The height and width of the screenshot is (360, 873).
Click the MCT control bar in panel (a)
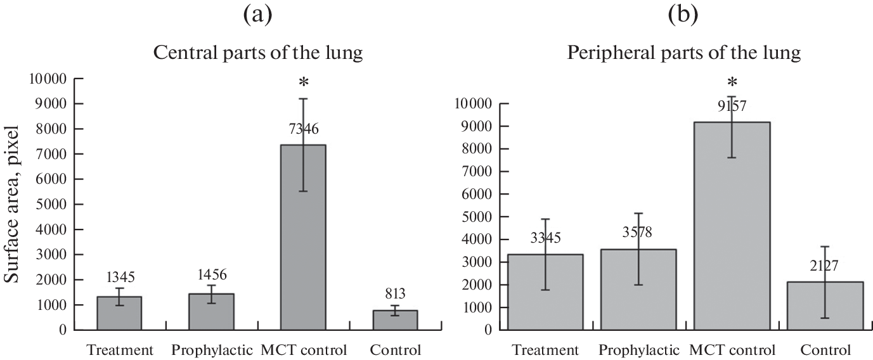(304, 238)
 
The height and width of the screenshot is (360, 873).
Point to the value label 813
(395, 293)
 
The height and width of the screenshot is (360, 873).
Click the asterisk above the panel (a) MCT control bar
(304, 83)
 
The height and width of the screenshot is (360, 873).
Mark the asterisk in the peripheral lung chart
(732, 82)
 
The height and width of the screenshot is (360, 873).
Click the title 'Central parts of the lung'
(259, 53)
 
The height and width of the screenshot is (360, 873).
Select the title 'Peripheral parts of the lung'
(683, 53)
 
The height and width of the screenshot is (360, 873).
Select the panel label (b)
(683, 15)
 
